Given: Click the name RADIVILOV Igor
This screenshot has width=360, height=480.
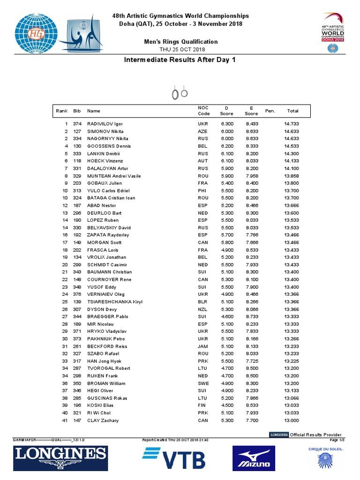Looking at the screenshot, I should tap(105, 124).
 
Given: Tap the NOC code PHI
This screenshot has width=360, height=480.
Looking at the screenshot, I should tap(202, 191).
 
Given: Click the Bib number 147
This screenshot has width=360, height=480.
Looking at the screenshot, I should tap(77, 420).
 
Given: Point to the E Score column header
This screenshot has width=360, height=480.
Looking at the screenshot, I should tap(251, 111).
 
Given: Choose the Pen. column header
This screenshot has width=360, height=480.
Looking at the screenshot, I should tap(270, 111).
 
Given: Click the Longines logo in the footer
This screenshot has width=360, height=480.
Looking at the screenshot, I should tap(61, 458).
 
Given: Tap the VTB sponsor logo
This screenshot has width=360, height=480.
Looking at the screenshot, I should tap(174, 457).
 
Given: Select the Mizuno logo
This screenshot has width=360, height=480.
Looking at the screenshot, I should tap(254, 458).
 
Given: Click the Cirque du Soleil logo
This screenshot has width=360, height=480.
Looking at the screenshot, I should tap(322, 457).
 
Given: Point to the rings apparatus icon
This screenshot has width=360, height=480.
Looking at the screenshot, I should tap(180, 94).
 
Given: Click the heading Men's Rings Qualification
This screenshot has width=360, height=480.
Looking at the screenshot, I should tap(180, 42).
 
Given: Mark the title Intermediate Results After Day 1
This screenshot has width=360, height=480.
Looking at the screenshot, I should tap(180, 60).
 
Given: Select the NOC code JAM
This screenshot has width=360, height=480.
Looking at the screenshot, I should tap(202, 346).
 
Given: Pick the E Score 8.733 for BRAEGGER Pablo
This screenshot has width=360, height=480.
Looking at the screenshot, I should tap(251, 317).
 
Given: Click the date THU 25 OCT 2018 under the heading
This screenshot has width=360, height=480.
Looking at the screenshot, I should tap(180, 49).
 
